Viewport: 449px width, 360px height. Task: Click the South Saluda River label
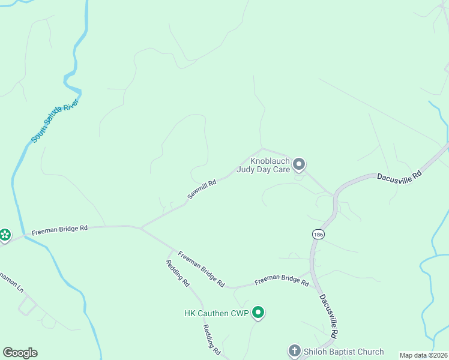(x=55, y=120)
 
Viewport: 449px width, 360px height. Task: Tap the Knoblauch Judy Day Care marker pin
(x=299, y=164)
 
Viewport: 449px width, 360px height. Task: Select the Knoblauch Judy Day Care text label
(x=263, y=166)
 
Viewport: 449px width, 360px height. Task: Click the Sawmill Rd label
(x=201, y=189)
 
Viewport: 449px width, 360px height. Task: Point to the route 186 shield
(x=318, y=234)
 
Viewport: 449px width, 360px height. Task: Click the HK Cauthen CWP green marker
(x=258, y=312)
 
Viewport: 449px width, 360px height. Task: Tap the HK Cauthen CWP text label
(x=216, y=313)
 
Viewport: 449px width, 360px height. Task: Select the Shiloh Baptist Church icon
(x=294, y=350)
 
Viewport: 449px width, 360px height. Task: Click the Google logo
(x=20, y=353)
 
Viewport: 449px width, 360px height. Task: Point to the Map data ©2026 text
(x=423, y=355)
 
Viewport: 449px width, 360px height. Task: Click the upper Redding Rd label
(x=178, y=274)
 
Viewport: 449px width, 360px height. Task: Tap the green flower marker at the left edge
(x=5, y=235)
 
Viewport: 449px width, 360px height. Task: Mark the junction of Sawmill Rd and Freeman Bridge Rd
(x=140, y=227)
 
